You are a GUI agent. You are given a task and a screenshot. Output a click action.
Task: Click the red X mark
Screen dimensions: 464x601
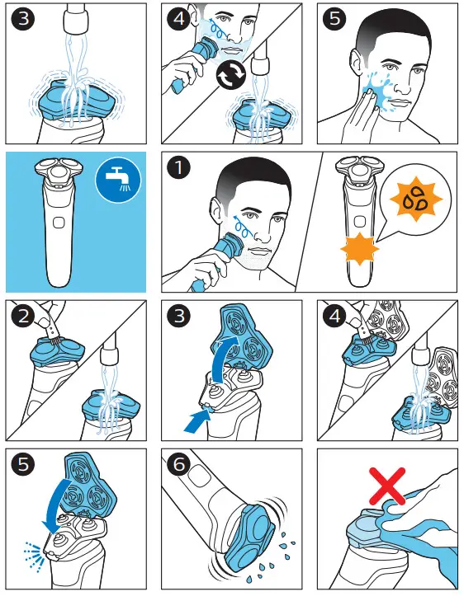387,486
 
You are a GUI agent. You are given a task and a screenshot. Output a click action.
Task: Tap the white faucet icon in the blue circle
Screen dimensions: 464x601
118,180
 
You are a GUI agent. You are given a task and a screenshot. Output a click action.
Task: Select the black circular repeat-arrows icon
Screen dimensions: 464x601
231,74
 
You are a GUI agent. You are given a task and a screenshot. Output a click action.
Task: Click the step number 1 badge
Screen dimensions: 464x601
178,167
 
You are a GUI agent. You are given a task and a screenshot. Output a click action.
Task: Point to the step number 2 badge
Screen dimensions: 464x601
23,316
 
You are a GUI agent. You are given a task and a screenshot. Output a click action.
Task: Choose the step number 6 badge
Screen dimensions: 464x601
179,464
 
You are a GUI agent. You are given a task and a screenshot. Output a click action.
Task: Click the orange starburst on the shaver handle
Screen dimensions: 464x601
360,249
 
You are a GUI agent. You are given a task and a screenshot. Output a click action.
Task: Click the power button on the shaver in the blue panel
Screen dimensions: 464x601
59,223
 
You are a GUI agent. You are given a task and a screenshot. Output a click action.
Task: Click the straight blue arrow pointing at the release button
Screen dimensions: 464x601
196,420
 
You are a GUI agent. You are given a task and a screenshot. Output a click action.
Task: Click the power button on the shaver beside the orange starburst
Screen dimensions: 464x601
360,221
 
